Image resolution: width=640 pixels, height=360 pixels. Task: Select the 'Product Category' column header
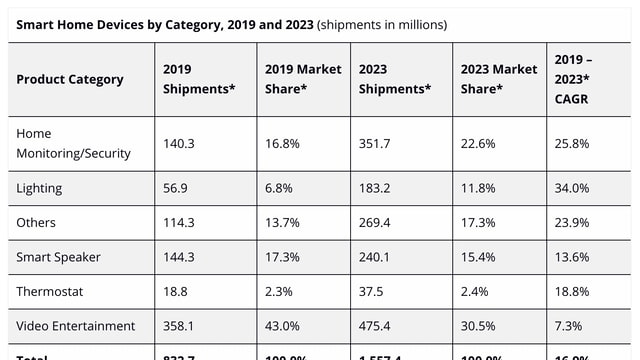pyautogui.click(x=70, y=79)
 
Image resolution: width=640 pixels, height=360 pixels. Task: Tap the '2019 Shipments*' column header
pyautogui.click(x=199, y=79)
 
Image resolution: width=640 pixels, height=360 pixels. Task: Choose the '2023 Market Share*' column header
pyautogui.click(x=497, y=79)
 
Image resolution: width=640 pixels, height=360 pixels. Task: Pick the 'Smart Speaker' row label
pyautogui.click(x=59, y=257)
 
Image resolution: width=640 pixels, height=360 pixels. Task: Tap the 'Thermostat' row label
pyautogui.click(x=50, y=291)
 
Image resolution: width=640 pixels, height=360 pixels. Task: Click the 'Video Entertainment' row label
pyautogui.click(x=76, y=325)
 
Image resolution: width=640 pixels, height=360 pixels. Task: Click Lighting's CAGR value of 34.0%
pyautogui.click(x=572, y=188)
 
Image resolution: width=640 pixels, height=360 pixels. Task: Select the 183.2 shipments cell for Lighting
pyautogui.click(x=376, y=188)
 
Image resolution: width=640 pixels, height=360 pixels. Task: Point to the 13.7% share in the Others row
pyautogui.click(x=282, y=222)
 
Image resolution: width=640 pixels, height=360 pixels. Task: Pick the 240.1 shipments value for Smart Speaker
pyautogui.click(x=376, y=257)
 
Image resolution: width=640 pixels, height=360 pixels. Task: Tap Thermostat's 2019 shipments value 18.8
pyautogui.click(x=175, y=291)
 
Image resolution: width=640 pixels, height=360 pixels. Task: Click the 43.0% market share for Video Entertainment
pyautogui.click(x=282, y=325)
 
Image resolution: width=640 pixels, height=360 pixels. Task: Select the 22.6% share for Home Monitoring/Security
pyautogui.click(x=477, y=144)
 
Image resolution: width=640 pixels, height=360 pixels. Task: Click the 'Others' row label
pyautogui.click(x=37, y=222)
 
